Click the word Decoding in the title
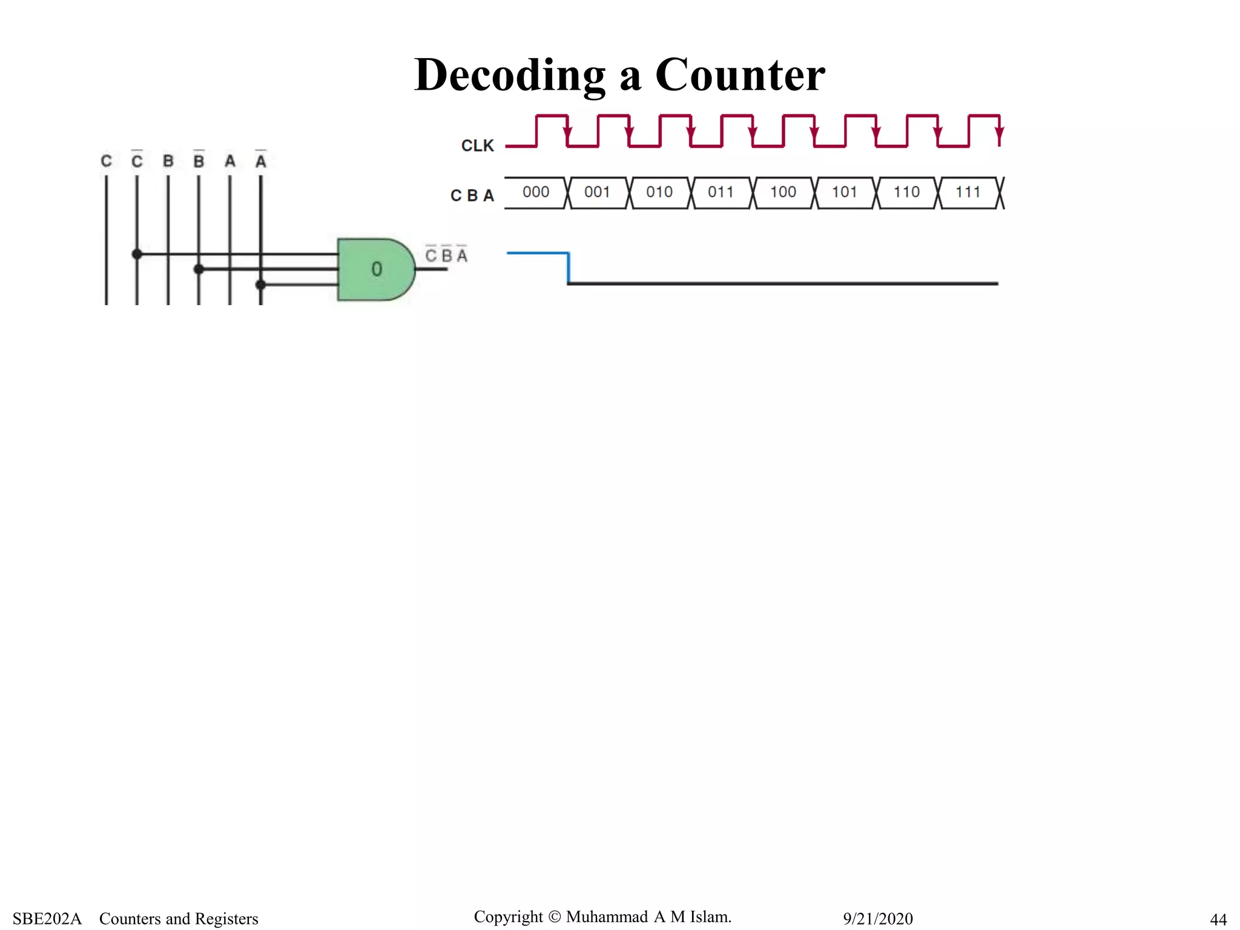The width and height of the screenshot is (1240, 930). coord(509,75)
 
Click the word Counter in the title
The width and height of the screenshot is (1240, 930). coord(739,75)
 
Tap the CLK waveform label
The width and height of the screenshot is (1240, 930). coord(477,146)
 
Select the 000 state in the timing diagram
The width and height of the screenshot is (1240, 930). coord(535,193)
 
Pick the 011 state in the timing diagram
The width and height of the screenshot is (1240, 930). coord(721,193)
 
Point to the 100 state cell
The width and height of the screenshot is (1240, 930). coord(782,193)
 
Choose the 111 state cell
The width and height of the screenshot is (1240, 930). coord(968,193)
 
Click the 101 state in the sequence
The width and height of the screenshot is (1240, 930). coord(844,193)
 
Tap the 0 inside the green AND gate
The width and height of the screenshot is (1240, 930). coord(377,269)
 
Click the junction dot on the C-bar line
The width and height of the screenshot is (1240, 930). coord(137,254)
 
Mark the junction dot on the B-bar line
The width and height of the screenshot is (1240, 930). coord(199,269)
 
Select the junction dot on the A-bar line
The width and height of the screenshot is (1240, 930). coord(261,284)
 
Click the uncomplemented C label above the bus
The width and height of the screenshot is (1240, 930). coord(106,161)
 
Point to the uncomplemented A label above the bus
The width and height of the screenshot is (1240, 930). coord(230,161)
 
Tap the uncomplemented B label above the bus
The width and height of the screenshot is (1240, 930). coord(168,161)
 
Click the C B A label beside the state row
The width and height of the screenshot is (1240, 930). coord(472,196)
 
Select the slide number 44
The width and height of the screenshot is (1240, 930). coord(1218,919)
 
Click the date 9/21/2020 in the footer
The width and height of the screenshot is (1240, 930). coord(877,918)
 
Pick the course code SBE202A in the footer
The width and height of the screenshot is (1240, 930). coord(47,918)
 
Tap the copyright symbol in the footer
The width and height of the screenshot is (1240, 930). coord(554,917)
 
